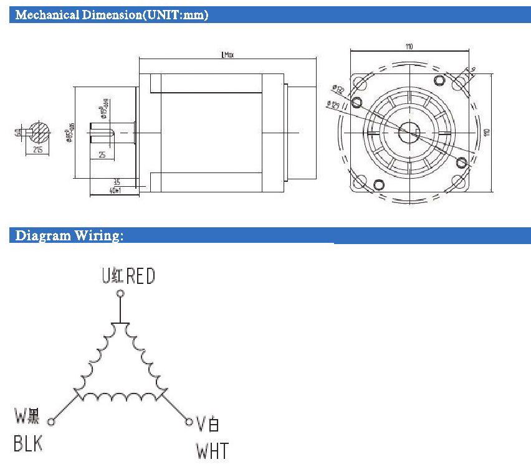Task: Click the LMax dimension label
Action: pos(227,55)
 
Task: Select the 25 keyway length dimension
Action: pos(101,154)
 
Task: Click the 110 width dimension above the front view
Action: pos(409,46)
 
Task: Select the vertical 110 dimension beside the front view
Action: pos(487,132)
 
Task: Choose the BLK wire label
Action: pos(28,445)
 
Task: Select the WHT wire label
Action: pos(213,450)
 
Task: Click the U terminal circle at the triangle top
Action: pos(120,293)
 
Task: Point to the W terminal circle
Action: pos(51,422)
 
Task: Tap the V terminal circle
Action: pos(189,422)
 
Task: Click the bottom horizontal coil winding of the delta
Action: pos(120,396)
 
